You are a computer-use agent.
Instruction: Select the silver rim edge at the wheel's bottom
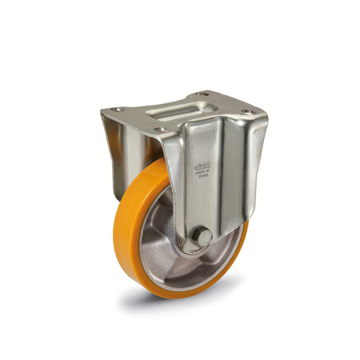[180, 276]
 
